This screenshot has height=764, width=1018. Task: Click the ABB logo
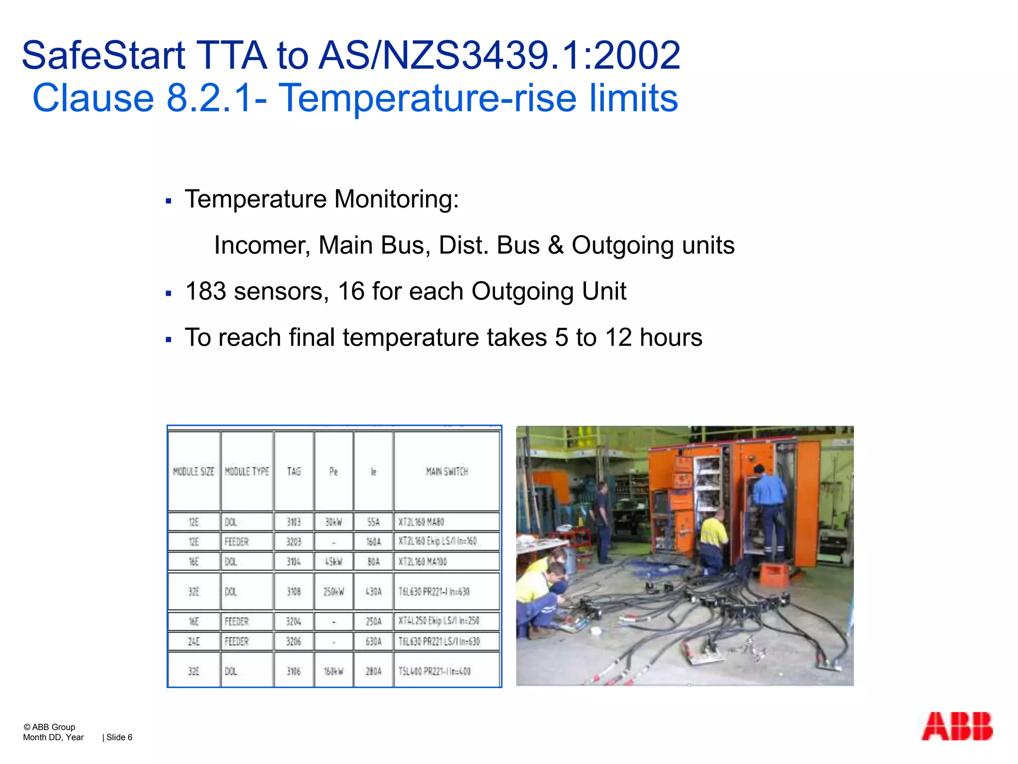click(x=956, y=726)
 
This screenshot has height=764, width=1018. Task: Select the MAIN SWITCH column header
click(x=447, y=471)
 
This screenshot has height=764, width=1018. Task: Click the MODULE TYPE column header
click(x=247, y=471)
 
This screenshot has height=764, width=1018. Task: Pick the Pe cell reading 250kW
click(x=334, y=591)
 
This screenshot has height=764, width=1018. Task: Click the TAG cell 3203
click(x=293, y=541)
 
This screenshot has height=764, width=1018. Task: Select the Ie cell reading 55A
click(x=373, y=522)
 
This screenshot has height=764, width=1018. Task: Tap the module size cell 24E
click(x=193, y=641)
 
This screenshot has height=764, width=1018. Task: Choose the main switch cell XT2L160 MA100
click(x=423, y=562)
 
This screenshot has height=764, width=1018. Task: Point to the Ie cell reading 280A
click(x=373, y=671)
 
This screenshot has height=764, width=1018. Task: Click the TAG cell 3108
click(x=293, y=591)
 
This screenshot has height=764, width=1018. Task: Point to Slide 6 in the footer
click(x=119, y=737)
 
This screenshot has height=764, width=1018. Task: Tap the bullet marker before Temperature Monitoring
click(x=169, y=201)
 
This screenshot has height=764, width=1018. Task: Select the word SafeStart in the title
click(x=103, y=55)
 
